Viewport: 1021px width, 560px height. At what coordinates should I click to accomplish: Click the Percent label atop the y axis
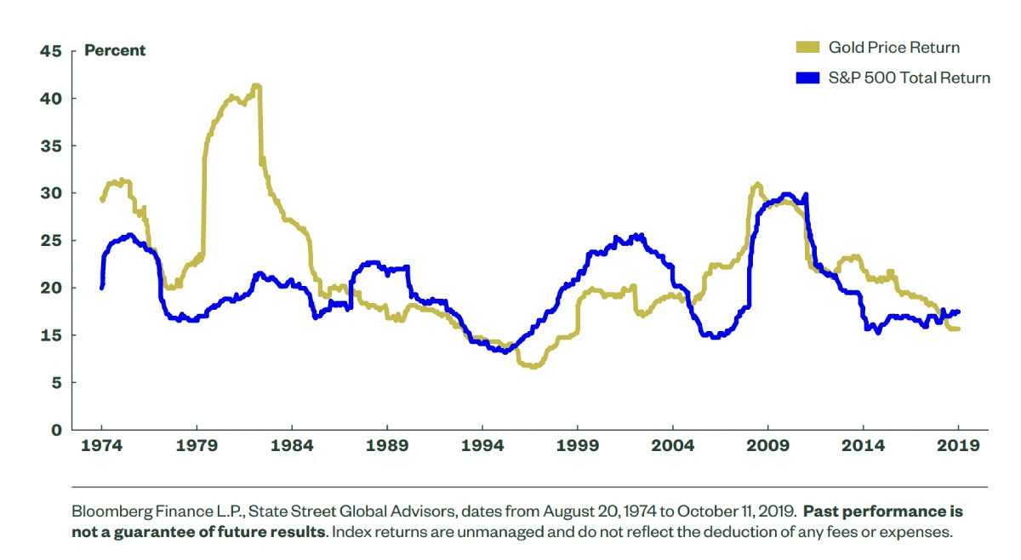[x=115, y=50]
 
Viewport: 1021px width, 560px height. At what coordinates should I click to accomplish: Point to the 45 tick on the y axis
[x=51, y=51]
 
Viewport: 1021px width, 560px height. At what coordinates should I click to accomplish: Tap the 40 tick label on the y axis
[x=51, y=99]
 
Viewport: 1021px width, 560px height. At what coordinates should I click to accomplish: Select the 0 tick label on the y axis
[x=56, y=430]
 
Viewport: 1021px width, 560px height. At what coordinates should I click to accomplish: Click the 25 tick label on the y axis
[x=51, y=241]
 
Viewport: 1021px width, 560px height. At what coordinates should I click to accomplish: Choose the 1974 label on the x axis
[x=101, y=446]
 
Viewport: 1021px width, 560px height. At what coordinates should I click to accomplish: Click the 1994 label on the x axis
[x=482, y=446]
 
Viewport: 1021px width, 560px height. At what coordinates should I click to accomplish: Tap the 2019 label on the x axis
[x=959, y=446]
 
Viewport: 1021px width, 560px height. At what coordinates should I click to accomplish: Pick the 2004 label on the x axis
[x=673, y=446]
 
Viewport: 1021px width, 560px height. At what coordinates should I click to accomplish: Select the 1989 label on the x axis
[x=387, y=446]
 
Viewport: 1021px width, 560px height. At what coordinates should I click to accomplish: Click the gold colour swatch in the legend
[x=807, y=48]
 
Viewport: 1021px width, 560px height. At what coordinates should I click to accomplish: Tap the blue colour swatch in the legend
[x=807, y=78]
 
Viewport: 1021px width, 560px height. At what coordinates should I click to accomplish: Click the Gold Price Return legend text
[x=893, y=48]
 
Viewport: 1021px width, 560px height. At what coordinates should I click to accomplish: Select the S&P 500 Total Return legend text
[x=910, y=78]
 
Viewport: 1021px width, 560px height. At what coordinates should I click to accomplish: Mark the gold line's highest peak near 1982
[x=255, y=85]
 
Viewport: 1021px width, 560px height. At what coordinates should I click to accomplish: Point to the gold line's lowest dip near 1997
[x=533, y=367]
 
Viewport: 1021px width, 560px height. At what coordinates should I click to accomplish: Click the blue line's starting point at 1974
[x=102, y=287]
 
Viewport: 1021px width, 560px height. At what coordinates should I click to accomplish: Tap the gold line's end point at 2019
[x=958, y=329]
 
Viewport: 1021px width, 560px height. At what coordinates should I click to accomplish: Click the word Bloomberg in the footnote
[x=111, y=513]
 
